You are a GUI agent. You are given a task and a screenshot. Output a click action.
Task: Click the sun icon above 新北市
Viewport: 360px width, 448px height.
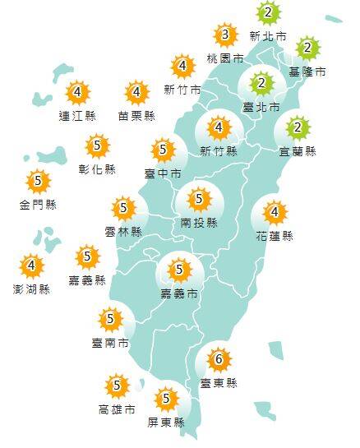[x=267, y=14]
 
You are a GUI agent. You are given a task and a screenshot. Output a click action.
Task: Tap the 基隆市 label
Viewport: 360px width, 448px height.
[x=309, y=72]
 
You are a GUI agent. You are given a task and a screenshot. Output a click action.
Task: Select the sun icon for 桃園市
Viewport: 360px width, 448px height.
[x=224, y=35]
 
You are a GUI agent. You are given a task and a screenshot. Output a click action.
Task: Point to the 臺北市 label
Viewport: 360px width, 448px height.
[x=262, y=107]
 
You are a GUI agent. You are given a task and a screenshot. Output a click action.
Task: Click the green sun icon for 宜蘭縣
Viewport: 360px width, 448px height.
[x=299, y=128]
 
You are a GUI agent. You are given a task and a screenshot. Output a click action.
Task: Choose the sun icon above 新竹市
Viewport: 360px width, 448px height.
[x=183, y=67]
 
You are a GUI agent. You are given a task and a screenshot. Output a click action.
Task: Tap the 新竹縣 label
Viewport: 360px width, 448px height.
[x=218, y=151]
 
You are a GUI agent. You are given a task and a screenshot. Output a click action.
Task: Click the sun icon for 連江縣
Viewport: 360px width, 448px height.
[x=78, y=92]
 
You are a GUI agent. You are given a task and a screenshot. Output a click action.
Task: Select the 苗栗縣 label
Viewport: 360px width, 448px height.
[x=136, y=116]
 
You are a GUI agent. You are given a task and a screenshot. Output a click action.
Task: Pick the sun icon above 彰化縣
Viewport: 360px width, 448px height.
[x=99, y=146]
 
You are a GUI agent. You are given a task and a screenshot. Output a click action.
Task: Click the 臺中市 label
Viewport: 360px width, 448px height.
[x=163, y=173]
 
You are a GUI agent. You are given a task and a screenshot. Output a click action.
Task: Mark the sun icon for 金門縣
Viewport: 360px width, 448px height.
[x=38, y=181]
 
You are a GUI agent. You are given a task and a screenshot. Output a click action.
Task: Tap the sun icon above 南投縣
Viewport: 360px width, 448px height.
[x=198, y=200]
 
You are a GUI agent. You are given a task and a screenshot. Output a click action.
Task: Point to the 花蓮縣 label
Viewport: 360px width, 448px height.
[x=275, y=237]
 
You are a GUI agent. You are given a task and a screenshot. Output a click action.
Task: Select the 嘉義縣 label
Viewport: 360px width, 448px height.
[x=88, y=280]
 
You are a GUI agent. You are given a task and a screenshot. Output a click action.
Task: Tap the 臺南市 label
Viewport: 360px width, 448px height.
[x=112, y=342]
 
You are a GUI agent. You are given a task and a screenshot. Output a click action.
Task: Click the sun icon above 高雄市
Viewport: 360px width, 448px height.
[x=118, y=385]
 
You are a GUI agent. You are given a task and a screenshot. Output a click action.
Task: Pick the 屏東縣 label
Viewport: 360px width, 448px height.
[x=168, y=423]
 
